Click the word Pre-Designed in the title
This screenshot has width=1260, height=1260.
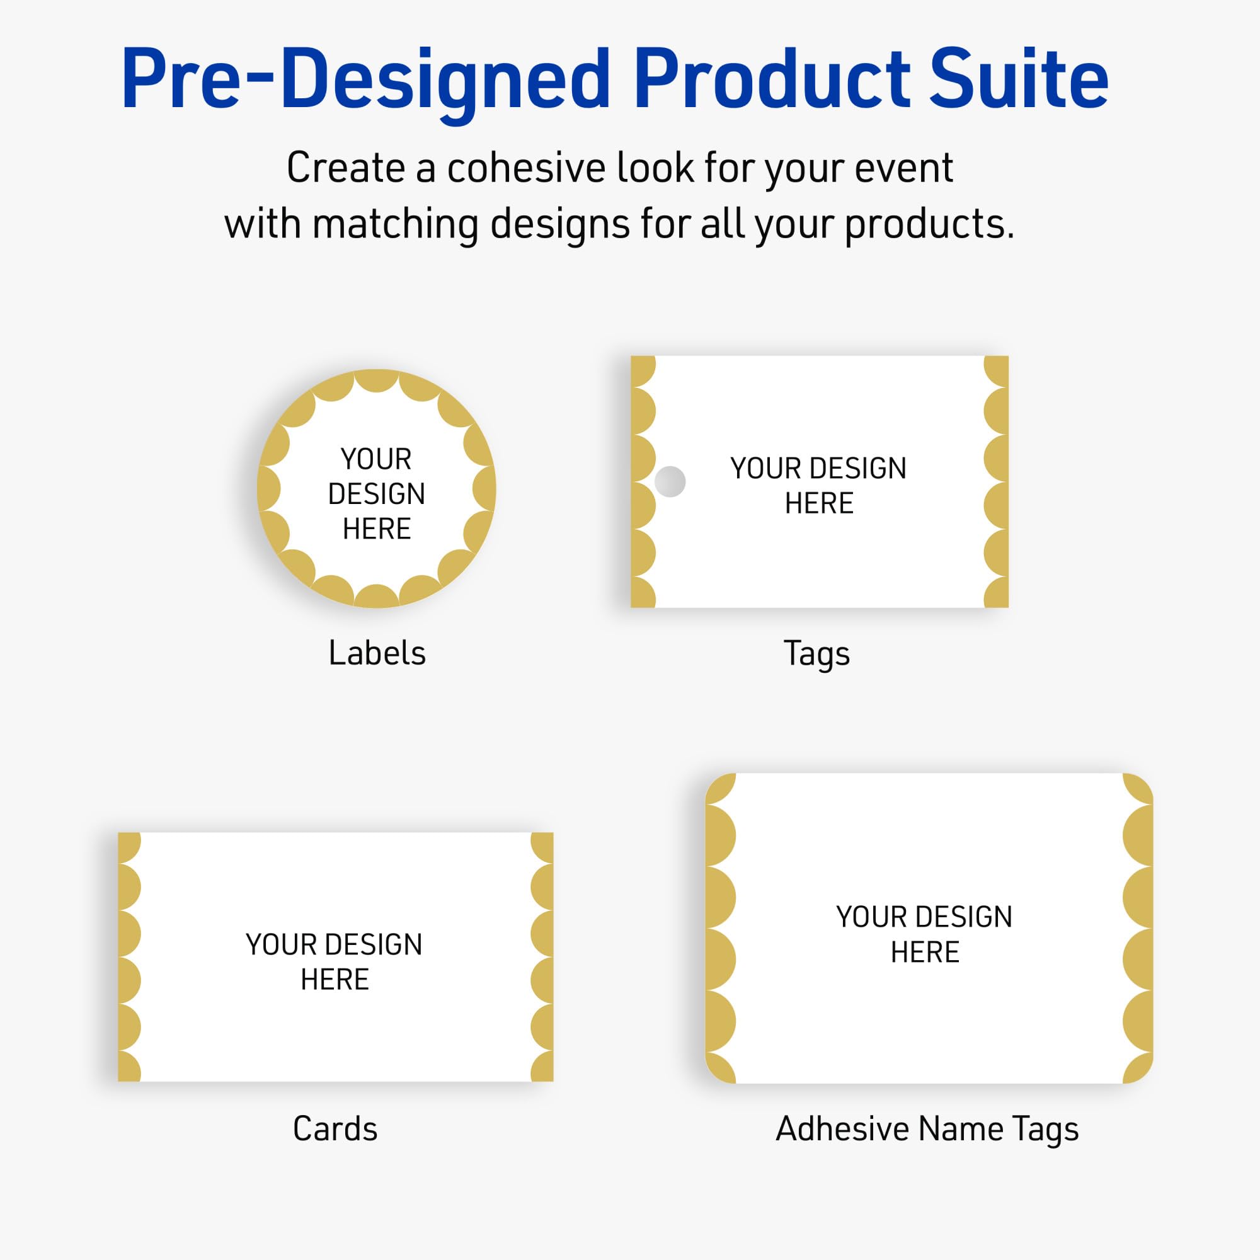click(x=365, y=79)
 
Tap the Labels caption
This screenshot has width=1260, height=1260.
click(x=377, y=653)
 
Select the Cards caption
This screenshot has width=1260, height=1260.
click(x=335, y=1129)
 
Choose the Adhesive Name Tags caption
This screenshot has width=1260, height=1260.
click(x=927, y=1129)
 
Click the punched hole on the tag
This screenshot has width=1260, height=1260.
click(x=670, y=481)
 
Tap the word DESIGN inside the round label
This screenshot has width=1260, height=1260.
click(x=376, y=494)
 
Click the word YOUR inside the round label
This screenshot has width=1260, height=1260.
click(x=376, y=459)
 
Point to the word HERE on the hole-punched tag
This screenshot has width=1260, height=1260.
click(x=819, y=503)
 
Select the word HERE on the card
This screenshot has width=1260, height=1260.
click(x=335, y=980)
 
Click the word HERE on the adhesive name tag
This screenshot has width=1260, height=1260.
click(x=925, y=952)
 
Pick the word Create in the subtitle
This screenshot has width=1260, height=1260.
click(x=346, y=168)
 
